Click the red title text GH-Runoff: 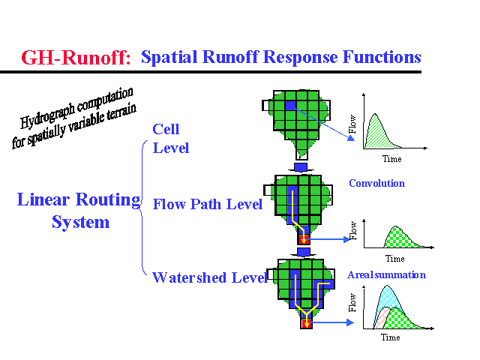[76, 58]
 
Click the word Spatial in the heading [167, 57]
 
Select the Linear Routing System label [79, 211]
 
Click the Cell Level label [170, 139]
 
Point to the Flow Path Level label [208, 204]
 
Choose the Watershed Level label [209, 278]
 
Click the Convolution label [376, 183]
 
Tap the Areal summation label [386, 274]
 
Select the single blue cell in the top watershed [290, 106]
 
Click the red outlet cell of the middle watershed [304, 239]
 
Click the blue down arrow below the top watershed [301, 165]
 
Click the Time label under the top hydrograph [391, 159]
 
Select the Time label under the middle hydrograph [394, 259]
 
